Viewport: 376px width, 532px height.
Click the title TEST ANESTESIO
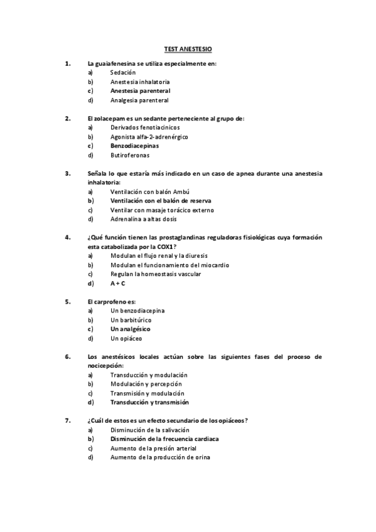coord(188,48)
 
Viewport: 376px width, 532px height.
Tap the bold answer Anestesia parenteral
coord(140,90)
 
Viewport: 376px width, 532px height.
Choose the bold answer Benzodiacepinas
coord(134,146)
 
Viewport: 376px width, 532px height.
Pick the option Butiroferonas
coord(130,155)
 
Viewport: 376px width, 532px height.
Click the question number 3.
coord(68,173)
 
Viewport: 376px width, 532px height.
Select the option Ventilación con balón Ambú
coord(149,192)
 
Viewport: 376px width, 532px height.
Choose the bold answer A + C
coord(118,283)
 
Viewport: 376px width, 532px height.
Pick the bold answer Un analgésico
coord(131,329)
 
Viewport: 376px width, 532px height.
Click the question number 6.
coord(68,356)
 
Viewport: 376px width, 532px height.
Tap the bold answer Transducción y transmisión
coord(149,402)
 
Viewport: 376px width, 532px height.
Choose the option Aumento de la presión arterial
coord(153,449)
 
